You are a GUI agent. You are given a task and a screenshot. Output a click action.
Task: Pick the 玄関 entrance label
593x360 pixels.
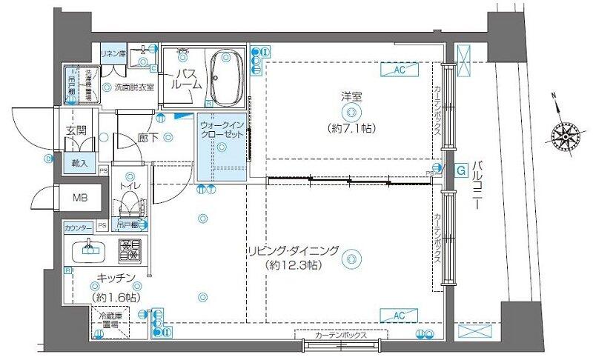click(76, 130)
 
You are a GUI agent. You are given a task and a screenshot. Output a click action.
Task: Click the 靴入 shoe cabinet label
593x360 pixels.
click(79, 163)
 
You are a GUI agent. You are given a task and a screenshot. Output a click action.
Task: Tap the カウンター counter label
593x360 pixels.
click(78, 226)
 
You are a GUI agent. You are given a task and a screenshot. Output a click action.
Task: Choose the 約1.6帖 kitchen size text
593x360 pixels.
click(113, 296)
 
